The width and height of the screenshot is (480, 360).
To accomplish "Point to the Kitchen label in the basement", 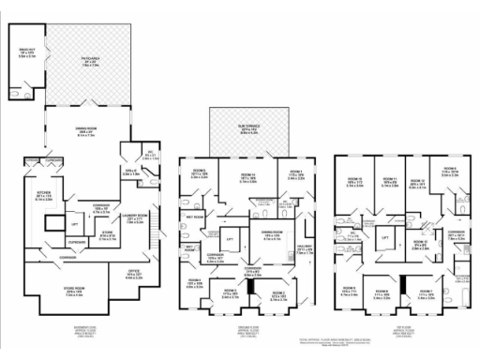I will coord(43,197).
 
